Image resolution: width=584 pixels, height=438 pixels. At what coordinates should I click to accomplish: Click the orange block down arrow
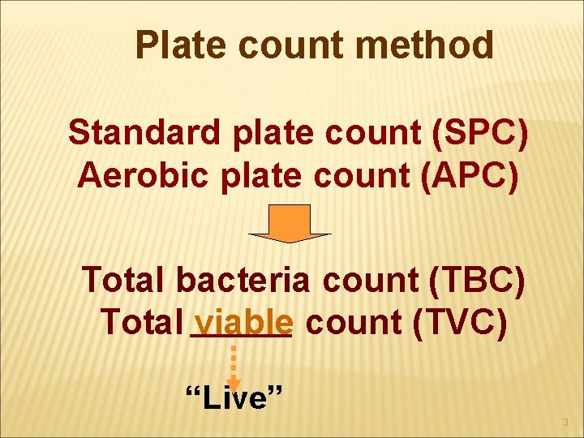point(290,223)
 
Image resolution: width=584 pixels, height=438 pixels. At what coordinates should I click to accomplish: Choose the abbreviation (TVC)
point(459,323)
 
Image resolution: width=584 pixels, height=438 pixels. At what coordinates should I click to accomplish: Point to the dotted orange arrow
point(234,365)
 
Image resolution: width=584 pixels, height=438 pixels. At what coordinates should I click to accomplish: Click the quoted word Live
point(234,398)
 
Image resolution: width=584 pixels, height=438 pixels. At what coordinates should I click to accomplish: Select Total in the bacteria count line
point(124,280)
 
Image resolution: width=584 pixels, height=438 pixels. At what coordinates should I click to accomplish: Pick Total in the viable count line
point(141,323)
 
